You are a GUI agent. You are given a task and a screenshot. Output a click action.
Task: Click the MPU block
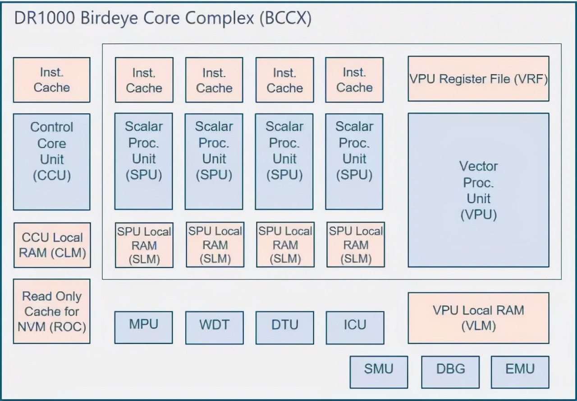tap(143, 327)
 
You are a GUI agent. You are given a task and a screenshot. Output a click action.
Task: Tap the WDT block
tap(214, 327)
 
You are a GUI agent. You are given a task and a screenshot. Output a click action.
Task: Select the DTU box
tap(284, 327)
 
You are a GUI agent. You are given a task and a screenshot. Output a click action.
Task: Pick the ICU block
tap(355, 327)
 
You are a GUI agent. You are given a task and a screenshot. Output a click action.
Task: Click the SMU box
tap(379, 372)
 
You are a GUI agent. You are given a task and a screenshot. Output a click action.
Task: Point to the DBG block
tap(450, 372)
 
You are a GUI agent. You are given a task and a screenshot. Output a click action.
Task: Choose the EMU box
tap(520, 372)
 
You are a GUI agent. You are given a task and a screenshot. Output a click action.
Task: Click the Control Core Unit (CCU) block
tap(51, 162)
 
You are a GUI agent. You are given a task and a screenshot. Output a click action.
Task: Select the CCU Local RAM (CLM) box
tap(52, 245)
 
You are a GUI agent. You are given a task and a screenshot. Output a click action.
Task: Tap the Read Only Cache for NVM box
tap(51, 311)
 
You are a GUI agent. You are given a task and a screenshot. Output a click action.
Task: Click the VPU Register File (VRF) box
tap(478, 79)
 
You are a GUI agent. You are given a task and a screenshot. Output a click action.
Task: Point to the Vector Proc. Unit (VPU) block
tap(478, 190)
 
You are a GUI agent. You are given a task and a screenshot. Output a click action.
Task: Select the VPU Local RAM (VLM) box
tap(478, 318)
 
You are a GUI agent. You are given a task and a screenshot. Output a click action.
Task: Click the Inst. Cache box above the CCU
tap(51, 80)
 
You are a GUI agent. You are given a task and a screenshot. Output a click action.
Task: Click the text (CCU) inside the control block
tap(52, 175)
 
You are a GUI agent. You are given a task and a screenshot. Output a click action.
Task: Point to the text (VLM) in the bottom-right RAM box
tap(478, 326)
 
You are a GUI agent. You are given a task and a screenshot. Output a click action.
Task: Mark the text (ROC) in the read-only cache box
tap(70, 326)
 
